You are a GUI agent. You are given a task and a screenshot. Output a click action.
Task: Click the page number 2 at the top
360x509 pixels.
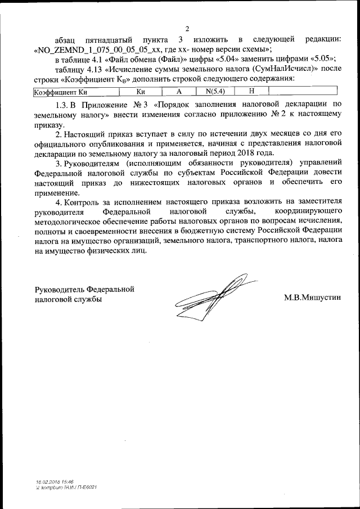186,29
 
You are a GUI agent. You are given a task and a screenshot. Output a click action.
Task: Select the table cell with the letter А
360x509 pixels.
179,91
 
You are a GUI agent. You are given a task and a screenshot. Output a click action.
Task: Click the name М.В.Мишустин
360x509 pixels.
312,297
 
